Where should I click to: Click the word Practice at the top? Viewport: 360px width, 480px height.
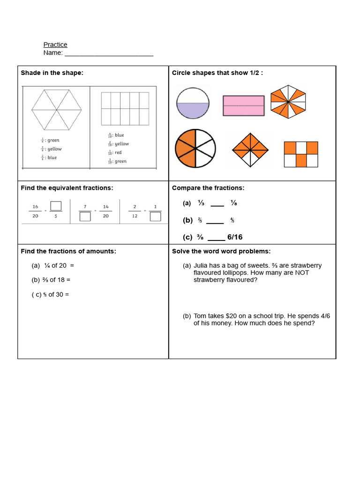click(55, 45)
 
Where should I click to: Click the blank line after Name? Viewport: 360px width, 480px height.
click(109, 53)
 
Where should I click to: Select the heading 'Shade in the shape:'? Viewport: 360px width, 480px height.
click(52, 73)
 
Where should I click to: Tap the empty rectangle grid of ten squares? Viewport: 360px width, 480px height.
click(125, 108)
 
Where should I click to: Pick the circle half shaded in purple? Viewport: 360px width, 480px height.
click(193, 103)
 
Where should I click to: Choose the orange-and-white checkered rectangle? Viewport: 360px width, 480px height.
click(301, 154)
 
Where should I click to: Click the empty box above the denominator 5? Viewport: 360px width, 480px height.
click(56, 206)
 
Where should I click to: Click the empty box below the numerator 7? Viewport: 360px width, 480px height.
click(85, 217)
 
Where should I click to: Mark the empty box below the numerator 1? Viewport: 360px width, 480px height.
click(156, 217)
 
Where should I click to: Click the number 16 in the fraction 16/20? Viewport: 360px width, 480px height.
click(35, 206)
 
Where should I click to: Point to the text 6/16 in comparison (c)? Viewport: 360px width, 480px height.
click(235, 237)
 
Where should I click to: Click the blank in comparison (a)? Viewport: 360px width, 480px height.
click(217, 203)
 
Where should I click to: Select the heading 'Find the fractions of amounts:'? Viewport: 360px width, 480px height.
click(68, 251)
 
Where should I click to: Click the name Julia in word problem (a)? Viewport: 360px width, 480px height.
click(202, 266)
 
